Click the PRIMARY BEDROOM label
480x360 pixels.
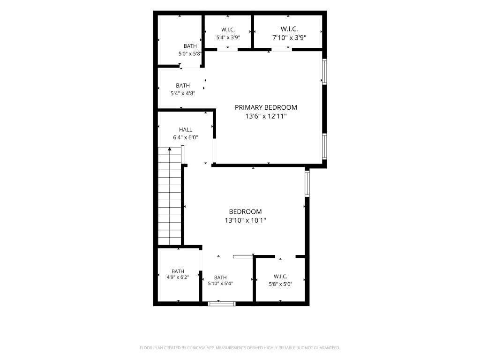(266, 107)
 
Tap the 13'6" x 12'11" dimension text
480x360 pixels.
(266, 116)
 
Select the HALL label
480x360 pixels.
(186, 129)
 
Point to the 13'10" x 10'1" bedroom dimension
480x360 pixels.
(246, 220)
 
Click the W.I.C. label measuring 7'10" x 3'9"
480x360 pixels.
(289, 29)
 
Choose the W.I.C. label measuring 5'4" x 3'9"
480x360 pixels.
(228, 30)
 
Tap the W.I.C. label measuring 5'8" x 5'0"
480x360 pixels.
(280, 277)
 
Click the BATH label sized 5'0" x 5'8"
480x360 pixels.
(190, 46)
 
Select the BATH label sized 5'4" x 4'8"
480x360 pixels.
(183, 85)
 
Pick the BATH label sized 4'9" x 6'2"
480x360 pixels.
(178, 271)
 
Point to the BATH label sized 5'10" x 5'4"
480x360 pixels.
(220, 277)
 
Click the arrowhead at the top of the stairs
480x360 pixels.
(170, 149)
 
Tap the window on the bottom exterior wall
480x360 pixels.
(222, 304)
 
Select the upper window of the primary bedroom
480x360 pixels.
(324, 71)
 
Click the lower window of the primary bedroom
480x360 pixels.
(324, 146)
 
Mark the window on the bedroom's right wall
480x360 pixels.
(307, 183)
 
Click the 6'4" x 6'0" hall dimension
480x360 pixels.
(186, 137)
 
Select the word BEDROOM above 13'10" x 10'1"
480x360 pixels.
(246, 211)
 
